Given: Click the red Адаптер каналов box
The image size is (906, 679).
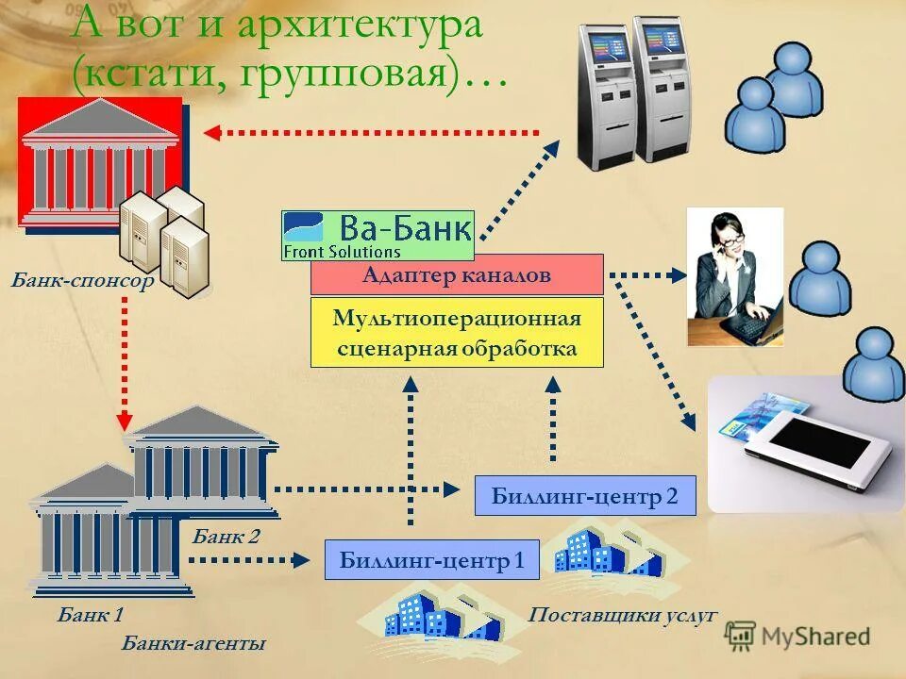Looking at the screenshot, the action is [x=457, y=274].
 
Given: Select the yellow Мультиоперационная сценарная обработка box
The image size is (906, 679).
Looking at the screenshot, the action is [x=457, y=333].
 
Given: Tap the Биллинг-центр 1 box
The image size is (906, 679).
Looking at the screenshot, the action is [x=431, y=560].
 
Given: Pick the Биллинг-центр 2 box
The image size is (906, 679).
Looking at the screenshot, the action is [x=585, y=496].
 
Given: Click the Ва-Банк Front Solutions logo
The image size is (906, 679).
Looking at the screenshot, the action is [x=377, y=235].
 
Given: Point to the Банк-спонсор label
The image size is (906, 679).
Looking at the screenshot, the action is [x=82, y=281].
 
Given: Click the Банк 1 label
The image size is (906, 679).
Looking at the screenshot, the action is [x=91, y=617].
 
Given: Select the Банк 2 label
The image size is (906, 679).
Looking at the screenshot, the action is [x=226, y=538].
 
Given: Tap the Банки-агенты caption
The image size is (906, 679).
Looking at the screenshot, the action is [x=193, y=644].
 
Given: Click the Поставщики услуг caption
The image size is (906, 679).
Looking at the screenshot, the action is [x=623, y=616].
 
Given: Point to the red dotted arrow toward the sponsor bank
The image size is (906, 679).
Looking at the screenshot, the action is [x=373, y=133].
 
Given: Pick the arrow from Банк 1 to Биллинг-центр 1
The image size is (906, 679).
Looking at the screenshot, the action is [x=249, y=559].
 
